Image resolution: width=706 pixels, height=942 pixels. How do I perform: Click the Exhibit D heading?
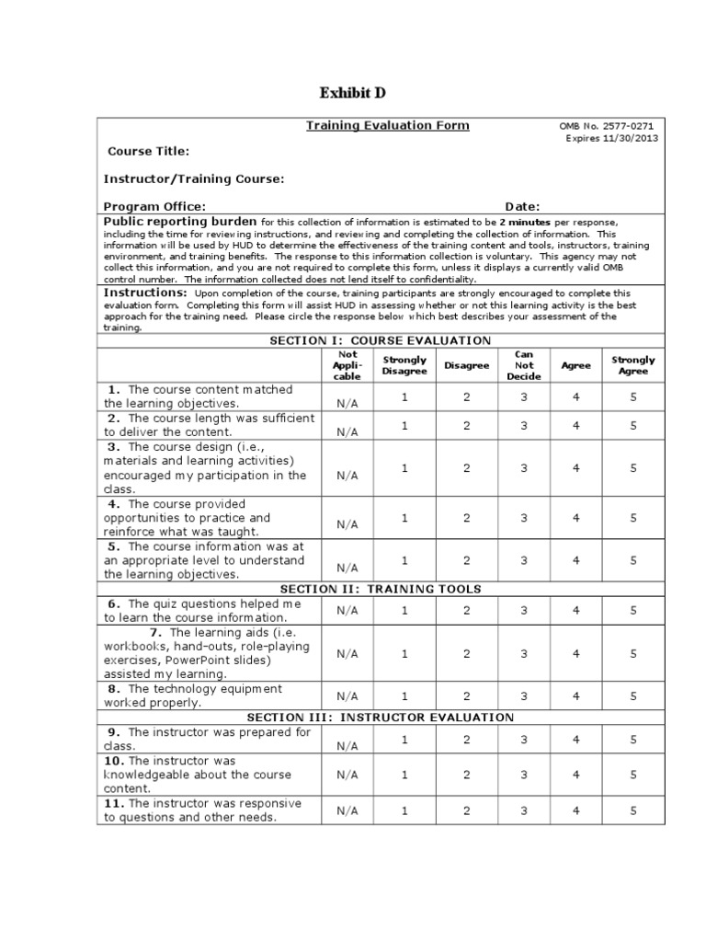(352, 93)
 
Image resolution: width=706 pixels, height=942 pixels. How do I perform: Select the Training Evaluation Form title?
(387, 126)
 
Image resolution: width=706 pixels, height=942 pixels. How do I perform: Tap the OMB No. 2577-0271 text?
(608, 126)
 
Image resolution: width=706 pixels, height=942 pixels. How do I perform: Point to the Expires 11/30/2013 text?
(611, 139)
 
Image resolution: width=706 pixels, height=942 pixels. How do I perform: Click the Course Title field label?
(149, 151)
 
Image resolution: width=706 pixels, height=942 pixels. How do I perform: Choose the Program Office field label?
(154, 207)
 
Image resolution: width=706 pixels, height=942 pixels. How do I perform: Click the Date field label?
(522, 207)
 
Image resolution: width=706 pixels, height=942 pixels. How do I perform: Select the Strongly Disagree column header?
(404, 365)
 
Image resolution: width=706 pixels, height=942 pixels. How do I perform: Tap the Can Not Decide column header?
(524, 365)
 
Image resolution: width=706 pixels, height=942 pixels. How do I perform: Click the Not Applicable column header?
(347, 365)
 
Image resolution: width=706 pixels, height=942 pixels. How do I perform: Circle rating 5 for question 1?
(633, 396)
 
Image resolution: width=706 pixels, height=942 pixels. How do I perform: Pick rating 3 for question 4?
(524, 518)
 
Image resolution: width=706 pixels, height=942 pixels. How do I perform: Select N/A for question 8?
(347, 696)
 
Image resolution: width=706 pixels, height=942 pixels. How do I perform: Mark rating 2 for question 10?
(466, 775)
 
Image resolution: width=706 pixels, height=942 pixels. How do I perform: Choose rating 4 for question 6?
(576, 610)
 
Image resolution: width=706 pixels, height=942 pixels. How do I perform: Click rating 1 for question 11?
(404, 810)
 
